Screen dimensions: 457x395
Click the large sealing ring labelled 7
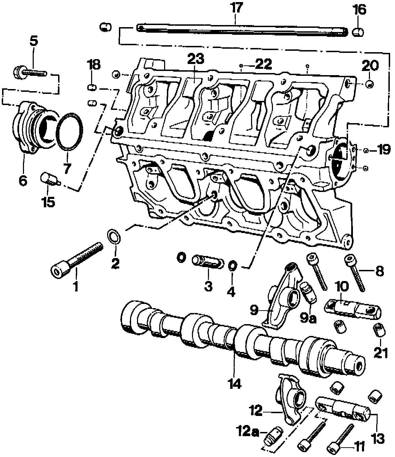coord(70,132)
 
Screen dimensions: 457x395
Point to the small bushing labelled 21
coord(379,329)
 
